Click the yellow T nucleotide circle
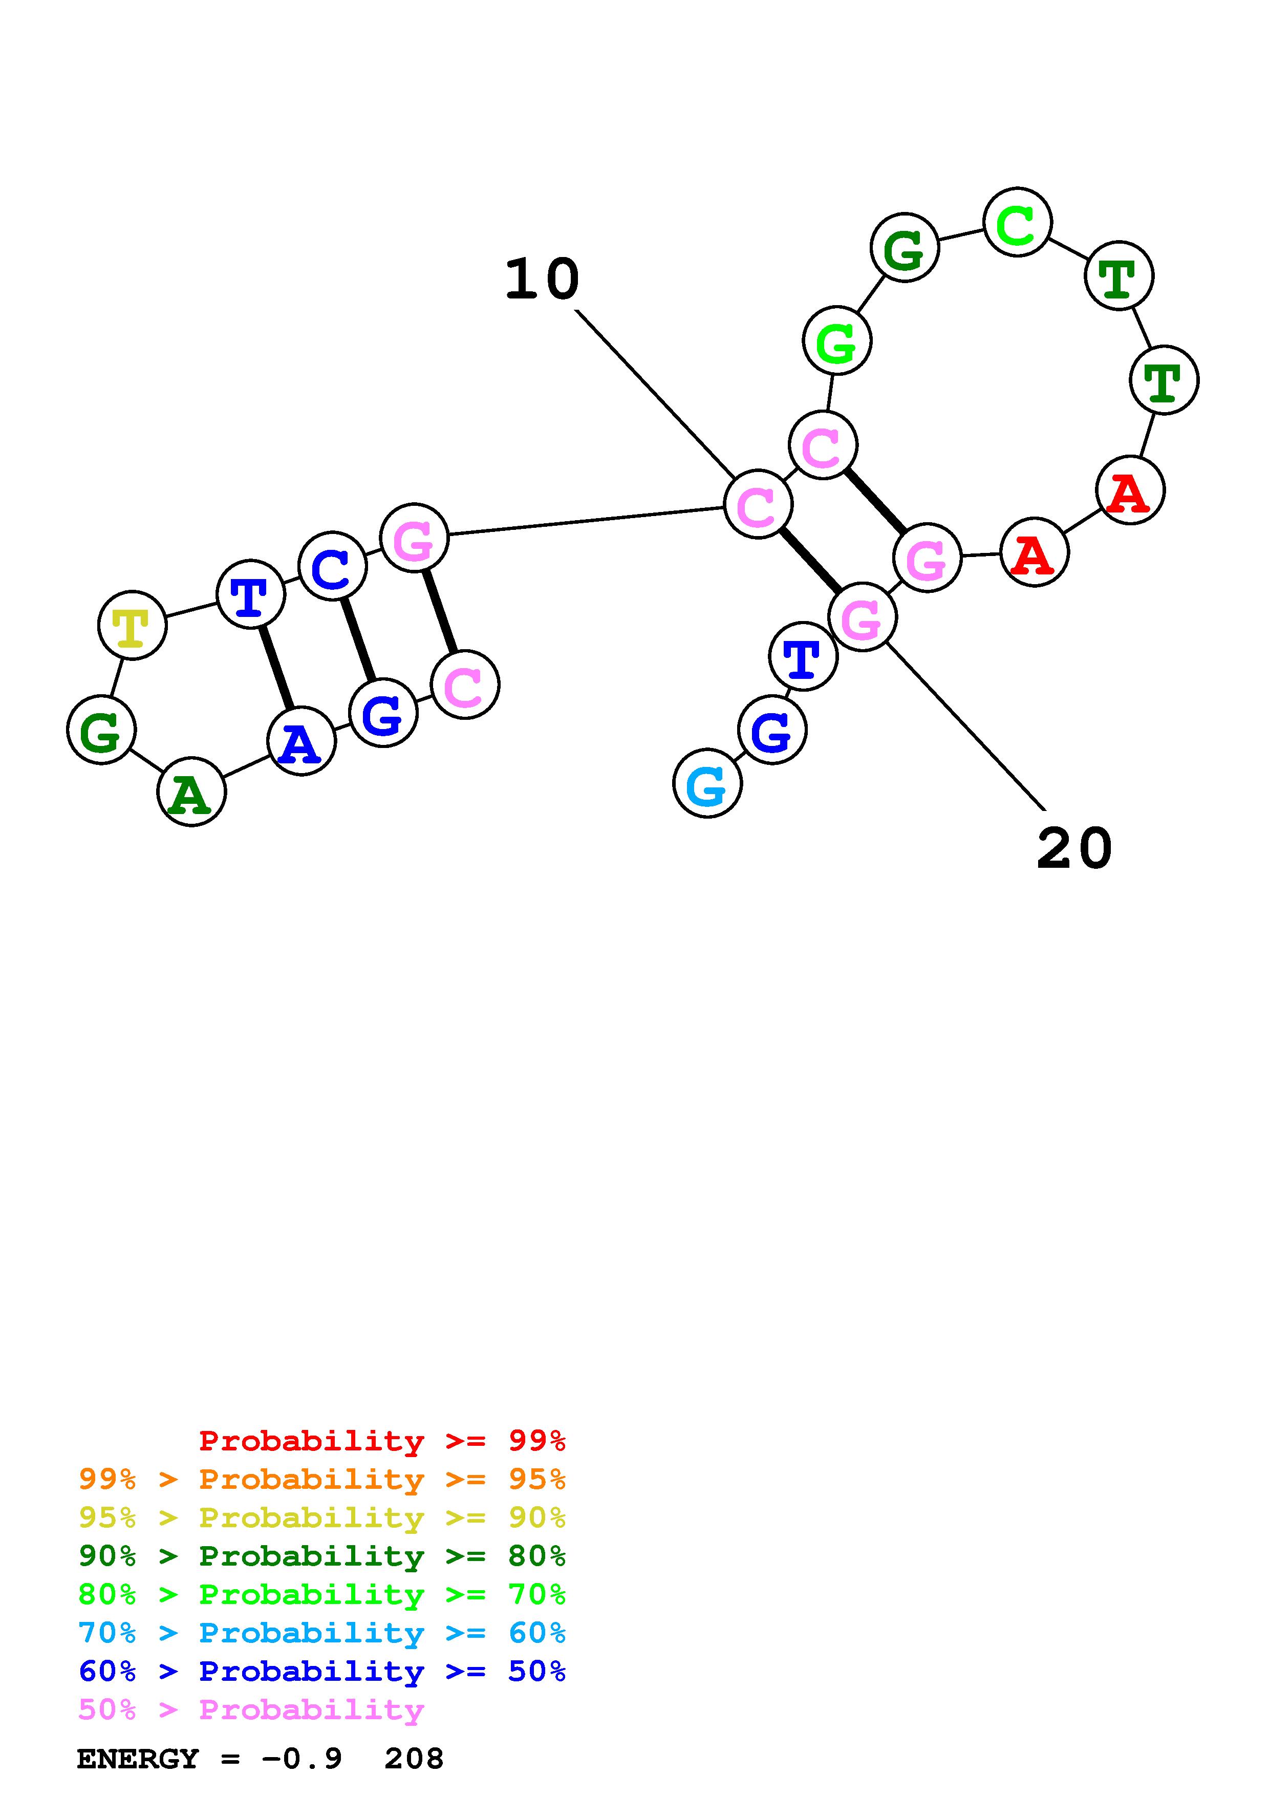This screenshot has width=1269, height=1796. [132, 625]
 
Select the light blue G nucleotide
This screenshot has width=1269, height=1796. [707, 784]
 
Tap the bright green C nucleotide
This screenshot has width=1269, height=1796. [1017, 222]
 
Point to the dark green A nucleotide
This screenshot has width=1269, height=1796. [191, 793]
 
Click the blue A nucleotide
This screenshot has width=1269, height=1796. [301, 741]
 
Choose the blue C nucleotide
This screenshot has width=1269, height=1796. [332, 566]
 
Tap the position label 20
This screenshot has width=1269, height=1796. [1074, 849]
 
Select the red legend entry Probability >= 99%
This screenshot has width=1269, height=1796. [381, 1441]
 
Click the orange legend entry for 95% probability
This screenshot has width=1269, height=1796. [321, 1479]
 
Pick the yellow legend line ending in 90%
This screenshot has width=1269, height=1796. [321, 1517]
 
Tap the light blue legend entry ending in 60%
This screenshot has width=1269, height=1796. [321, 1633]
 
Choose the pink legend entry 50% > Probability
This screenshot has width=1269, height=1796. [250, 1709]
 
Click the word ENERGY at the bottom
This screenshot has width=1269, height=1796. [138, 1759]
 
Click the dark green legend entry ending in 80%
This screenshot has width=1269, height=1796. [321, 1556]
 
